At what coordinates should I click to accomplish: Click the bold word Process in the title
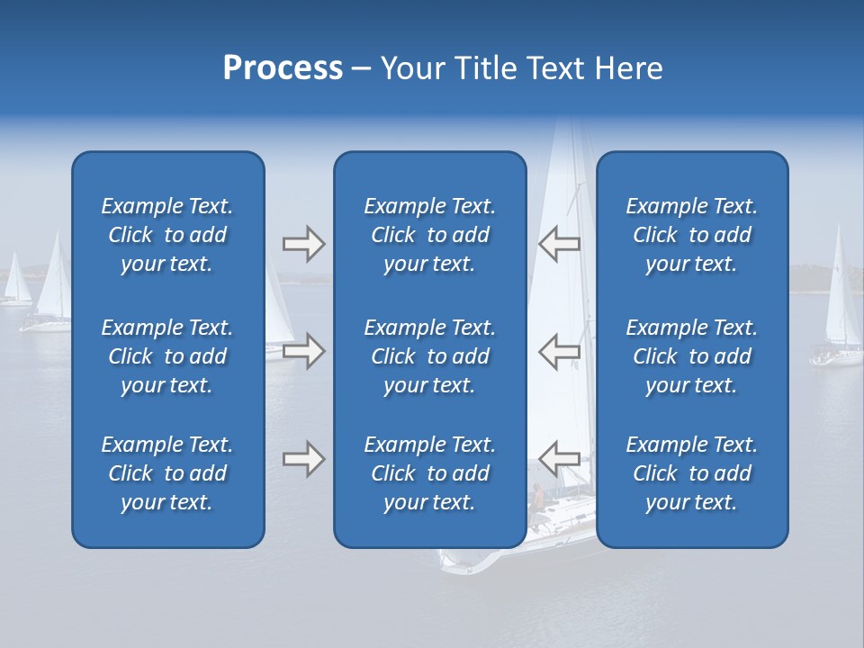283,68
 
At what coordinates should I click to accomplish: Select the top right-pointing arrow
303,244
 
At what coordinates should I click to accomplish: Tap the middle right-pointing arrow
303,350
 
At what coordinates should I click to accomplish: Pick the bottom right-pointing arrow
303,459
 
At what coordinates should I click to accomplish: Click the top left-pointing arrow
559,243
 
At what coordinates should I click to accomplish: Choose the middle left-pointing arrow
559,350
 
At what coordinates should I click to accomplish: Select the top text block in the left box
167,235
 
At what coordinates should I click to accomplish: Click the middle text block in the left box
167,356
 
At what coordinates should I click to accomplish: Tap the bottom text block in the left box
167,473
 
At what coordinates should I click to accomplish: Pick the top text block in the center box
429,235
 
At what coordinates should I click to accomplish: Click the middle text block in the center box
429,356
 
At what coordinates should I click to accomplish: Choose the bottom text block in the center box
429,473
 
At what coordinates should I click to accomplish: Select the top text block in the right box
691,235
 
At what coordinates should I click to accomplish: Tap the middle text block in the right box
691,356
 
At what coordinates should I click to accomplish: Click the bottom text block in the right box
691,473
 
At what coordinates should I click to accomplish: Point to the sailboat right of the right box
839,306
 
